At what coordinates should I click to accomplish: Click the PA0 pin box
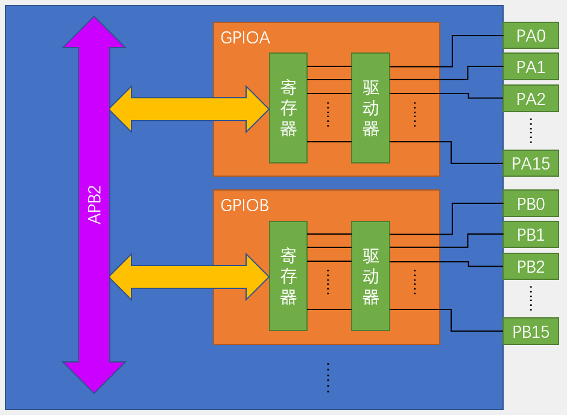[x=531, y=36]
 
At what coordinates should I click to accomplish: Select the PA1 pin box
[x=531, y=67]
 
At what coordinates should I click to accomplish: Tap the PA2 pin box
[x=531, y=98]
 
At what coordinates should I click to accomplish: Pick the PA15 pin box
[x=531, y=163]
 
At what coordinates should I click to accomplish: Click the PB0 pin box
[x=531, y=204]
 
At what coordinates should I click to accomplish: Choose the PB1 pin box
[x=531, y=235]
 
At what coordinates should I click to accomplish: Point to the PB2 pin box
[x=531, y=266]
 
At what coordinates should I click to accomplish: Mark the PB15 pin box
[x=531, y=331]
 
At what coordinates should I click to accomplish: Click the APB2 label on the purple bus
[x=95, y=204]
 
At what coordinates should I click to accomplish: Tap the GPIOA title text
[x=245, y=38]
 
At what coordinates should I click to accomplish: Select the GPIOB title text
[x=245, y=206]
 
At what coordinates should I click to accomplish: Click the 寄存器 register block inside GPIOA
[x=288, y=108]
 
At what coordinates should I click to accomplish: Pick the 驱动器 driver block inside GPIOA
[x=370, y=108]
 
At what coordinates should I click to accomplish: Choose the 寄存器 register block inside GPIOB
[x=288, y=276]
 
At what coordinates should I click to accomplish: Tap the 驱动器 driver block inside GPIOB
[x=370, y=276]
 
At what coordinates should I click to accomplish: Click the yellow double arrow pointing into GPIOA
[x=189, y=109]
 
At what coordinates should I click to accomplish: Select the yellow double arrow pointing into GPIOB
[x=189, y=277]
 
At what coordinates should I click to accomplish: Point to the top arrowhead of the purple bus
[x=94, y=33]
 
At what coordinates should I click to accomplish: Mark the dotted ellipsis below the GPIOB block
[x=328, y=378]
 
